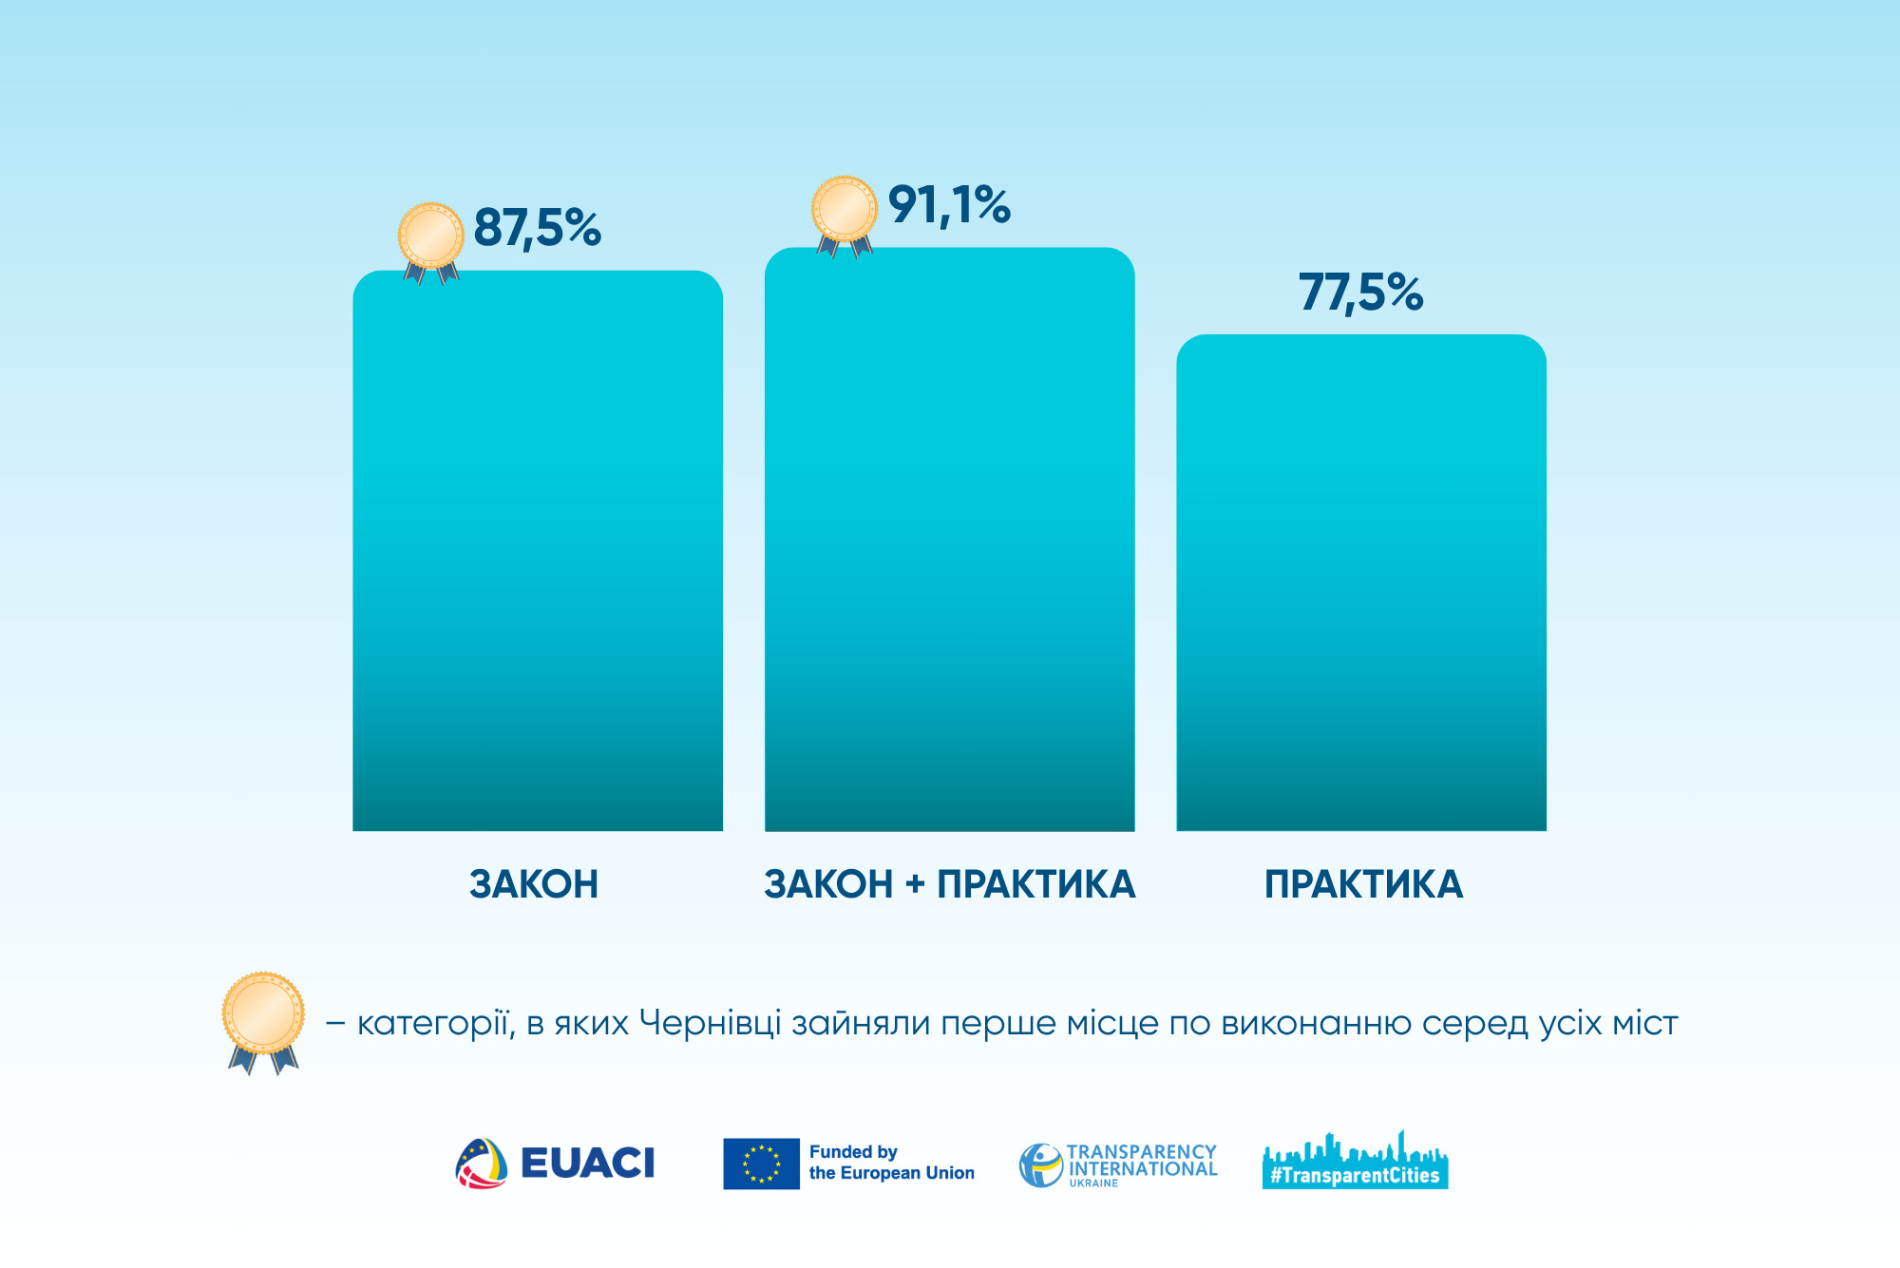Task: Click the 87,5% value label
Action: [537, 229]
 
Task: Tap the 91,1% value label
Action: [949, 206]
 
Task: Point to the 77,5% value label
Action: [1360, 292]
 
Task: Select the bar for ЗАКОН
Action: [538, 551]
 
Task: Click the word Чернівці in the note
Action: [710, 1024]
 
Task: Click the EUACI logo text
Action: [587, 1163]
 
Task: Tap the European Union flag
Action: [761, 1164]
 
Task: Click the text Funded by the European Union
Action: [891, 1163]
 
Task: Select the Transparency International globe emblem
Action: [1040, 1164]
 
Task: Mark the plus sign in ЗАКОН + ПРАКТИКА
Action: [915, 885]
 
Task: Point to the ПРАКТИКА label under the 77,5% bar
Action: [1363, 884]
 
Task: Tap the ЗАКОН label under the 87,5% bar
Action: [534, 884]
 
